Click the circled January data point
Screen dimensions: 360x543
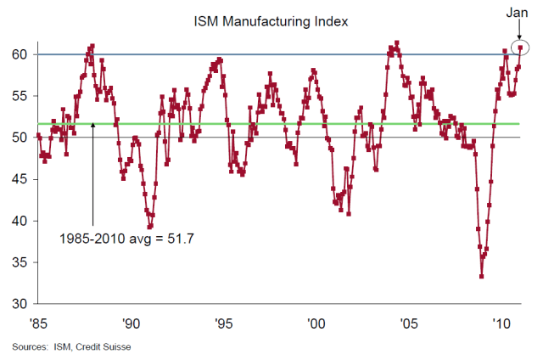(x=520, y=48)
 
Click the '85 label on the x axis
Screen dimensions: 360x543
(x=38, y=323)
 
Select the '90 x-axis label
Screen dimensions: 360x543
(x=131, y=323)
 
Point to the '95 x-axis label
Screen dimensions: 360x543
(x=223, y=323)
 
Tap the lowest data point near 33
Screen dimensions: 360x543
(x=482, y=276)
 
